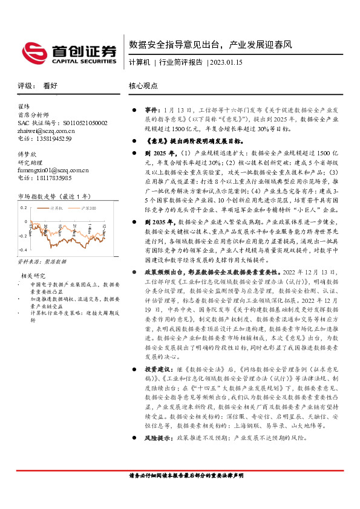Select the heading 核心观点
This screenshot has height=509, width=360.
pos(143,86)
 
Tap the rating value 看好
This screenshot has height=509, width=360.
pos(51,86)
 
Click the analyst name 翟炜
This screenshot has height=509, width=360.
pos(24,106)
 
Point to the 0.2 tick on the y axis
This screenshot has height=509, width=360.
pos(24,207)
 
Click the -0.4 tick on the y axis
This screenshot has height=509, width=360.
pos(22,250)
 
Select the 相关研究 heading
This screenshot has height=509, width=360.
pos(30,276)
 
